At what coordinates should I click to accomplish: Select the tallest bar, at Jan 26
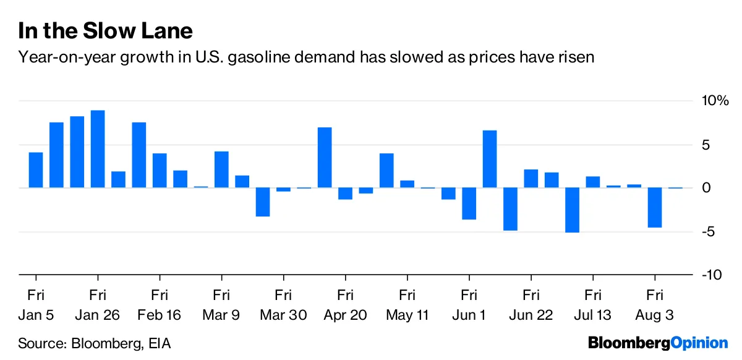98,149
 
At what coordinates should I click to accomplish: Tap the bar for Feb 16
160,171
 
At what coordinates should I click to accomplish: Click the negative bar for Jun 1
469,204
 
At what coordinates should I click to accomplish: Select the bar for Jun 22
531,179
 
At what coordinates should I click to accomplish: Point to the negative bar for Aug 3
654,208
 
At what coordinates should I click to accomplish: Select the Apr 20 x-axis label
345,315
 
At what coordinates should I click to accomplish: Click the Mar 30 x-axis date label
283,315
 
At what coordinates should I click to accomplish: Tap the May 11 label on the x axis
407,315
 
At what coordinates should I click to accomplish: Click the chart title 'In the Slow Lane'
106,30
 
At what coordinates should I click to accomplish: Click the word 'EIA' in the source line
159,343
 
